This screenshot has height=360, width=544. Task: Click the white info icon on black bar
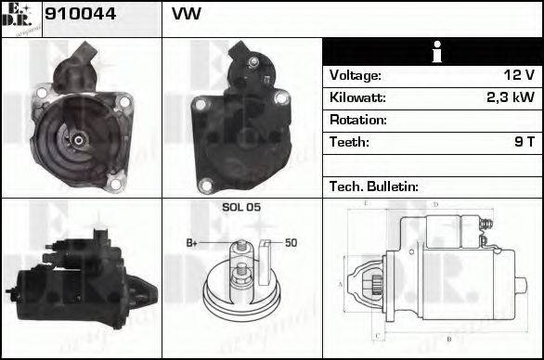pyautogui.click(x=433, y=52)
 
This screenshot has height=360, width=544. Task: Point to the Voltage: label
pyautogui.click(x=356, y=75)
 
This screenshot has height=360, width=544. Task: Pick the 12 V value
pyautogui.click(x=518, y=75)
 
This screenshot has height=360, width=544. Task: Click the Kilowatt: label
pyautogui.click(x=357, y=97)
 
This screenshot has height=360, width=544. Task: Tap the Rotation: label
pyautogui.click(x=357, y=120)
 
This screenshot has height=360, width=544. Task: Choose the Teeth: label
pyautogui.click(x=349, y=142)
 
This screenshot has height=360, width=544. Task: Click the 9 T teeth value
pyautogui.click(x=525, y=142)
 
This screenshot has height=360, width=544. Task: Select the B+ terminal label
pyautogui.click(x=191, y=243)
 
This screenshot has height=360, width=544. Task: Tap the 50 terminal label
pyautogui.click(x=290, y=243)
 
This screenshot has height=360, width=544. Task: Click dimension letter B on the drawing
pyautogui.click(x=448, y=340)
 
